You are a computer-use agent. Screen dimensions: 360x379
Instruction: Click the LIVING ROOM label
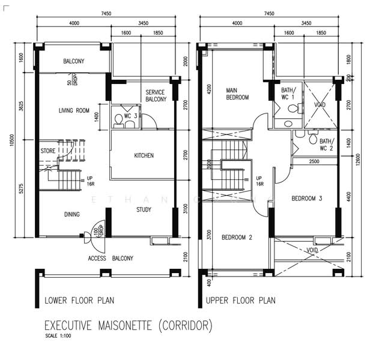tap(74, 110)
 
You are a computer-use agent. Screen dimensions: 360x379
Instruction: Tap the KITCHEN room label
tap(144, 155)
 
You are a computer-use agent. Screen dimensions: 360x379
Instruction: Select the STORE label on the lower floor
tap(49, 151)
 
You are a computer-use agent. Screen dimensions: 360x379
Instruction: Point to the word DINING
tap(72, 214)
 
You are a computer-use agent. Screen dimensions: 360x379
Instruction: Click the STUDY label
tap(143, 209)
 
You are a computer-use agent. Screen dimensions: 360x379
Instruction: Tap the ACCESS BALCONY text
tap(111, 258)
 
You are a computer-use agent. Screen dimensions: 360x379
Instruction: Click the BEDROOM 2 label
tap(237, 237)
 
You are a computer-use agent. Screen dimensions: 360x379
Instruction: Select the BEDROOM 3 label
tap(307, 198)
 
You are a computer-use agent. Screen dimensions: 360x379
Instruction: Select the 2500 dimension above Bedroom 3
tap(314, 161)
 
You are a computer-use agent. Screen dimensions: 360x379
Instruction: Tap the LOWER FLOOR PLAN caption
tap(79, 300)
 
